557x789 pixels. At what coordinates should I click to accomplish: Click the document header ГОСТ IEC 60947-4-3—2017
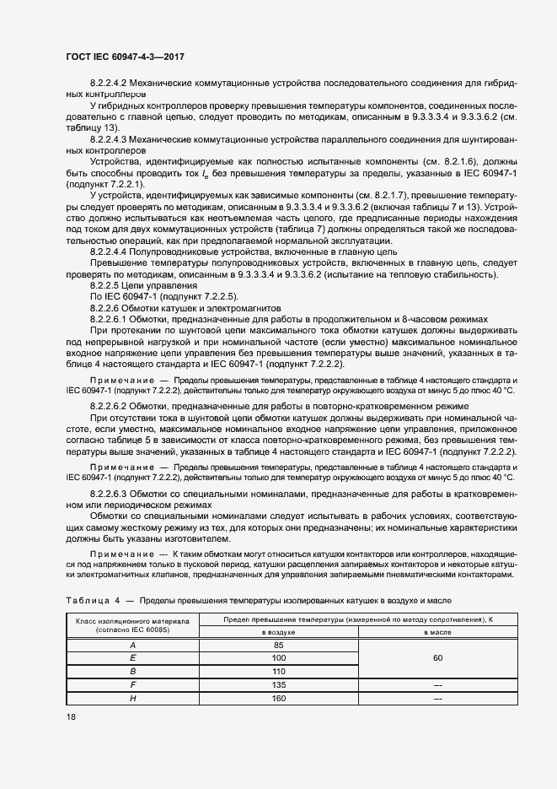point(125,57)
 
